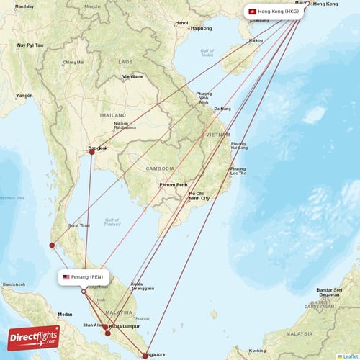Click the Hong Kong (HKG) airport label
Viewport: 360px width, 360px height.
point(273,12)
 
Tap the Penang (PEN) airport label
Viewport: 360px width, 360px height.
point(84,277)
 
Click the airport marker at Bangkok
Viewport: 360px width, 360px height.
point(91,152)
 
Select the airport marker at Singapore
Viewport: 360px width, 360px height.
point(145,356)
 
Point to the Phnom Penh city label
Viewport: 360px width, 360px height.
point(173,185)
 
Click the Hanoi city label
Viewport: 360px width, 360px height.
point(181,23)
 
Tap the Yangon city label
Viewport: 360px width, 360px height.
point(25,95)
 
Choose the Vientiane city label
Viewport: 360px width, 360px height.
point(132,76)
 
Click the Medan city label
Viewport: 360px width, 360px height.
point(66,314)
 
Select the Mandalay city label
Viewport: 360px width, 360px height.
point(24,6)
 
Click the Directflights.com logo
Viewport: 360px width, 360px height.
point(34,337)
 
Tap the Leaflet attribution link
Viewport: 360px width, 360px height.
point(349,356)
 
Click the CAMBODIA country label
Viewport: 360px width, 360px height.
point(160,168)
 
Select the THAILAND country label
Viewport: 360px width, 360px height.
point(113,115)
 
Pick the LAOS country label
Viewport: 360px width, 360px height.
point(126,62)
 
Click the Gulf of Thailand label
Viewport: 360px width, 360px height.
point(111,221)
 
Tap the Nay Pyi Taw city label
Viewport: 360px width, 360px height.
point(30,45)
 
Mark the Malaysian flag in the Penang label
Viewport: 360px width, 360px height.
point(67,277)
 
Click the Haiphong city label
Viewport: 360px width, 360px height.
point(202,29)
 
